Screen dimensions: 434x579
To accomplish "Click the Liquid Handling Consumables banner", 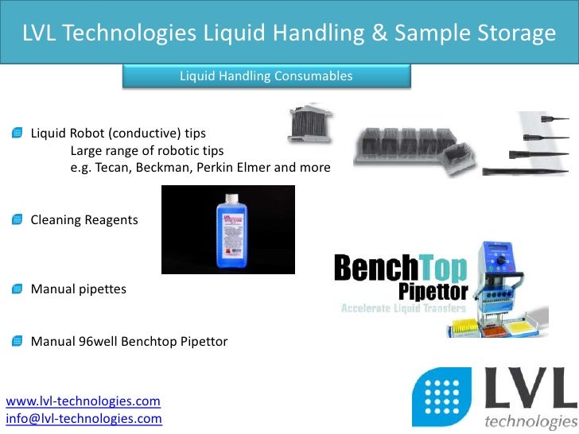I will tap(266, 76).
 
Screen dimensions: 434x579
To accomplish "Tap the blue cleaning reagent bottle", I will tap(228, 229).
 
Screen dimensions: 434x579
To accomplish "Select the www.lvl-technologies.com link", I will tap(84, 401).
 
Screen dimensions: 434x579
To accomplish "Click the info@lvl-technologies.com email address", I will tap(84, 418).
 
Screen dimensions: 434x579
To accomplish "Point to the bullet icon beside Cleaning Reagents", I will tap(17, 219).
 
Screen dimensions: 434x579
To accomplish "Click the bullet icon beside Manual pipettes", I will tap(17, 289).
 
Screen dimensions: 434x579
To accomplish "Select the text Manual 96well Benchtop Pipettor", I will tap(129, 342).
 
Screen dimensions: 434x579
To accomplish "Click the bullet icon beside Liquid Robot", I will tap(17, 132).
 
